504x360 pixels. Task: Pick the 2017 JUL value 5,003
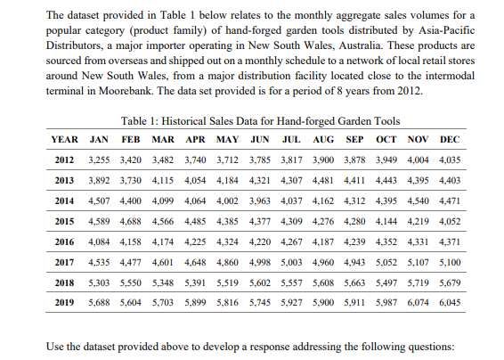coord(293,261)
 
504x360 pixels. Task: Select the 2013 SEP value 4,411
coord(356,180)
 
